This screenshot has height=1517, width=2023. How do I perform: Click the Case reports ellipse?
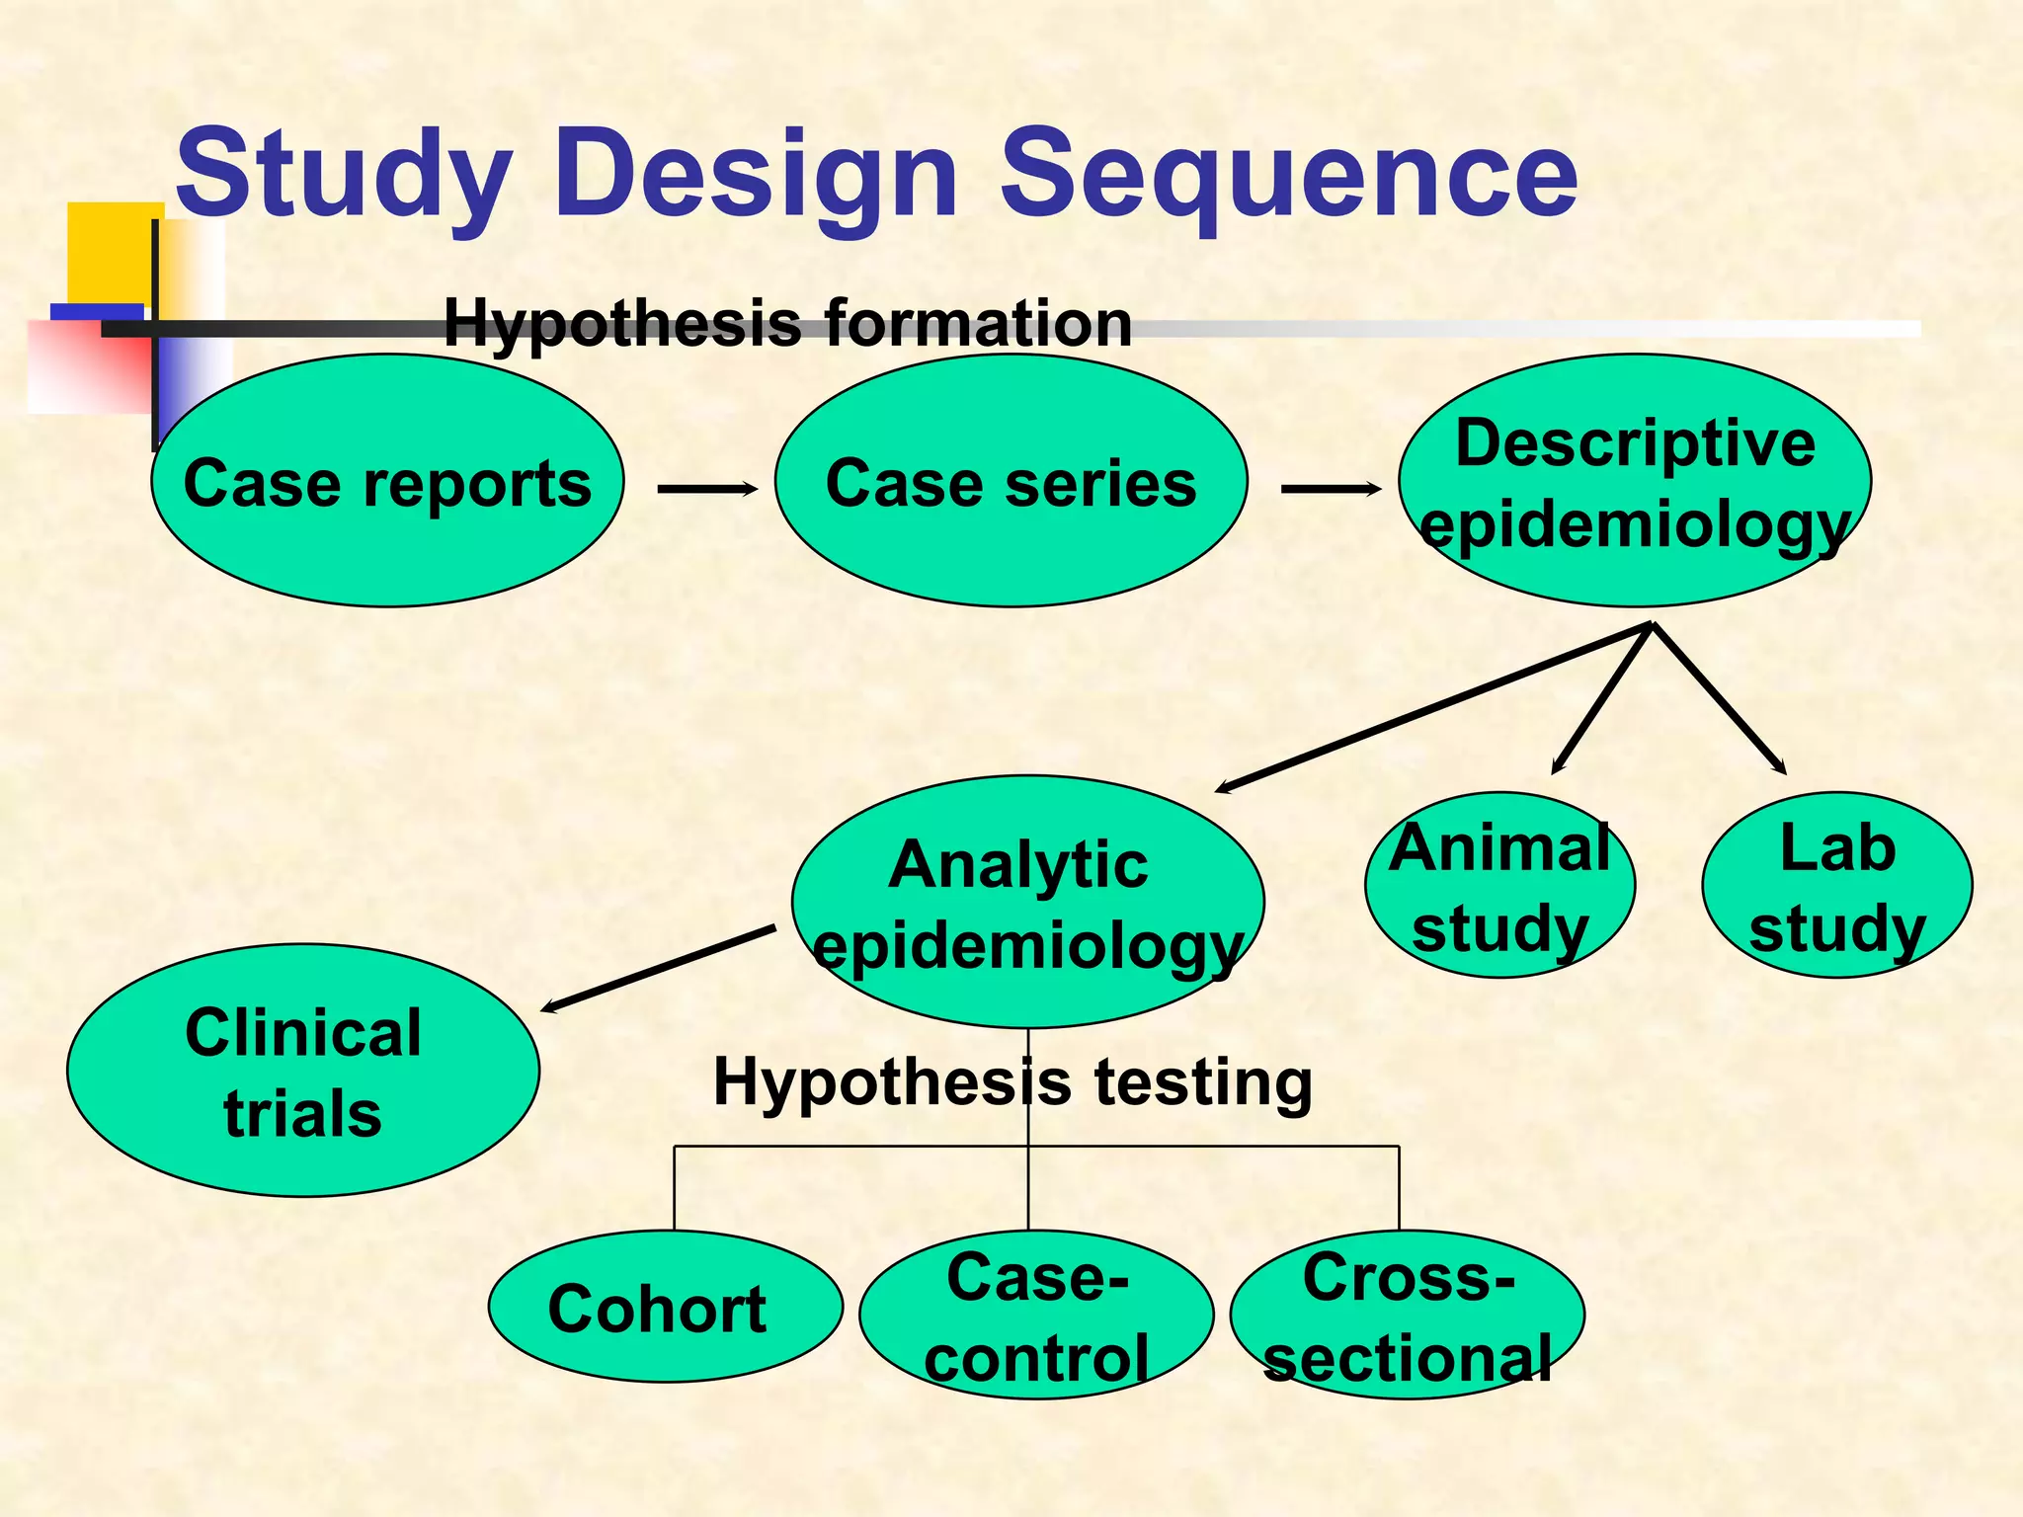pyautogui.click(x=387, y=481)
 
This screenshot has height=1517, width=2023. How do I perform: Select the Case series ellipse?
pyautogui.click(x=1011, y=481)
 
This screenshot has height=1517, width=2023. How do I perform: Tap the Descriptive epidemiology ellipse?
pyautogui.click(x=1635, y=481)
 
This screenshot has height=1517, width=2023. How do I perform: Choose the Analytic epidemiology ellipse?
pyautogui.click(x=1027, y=903)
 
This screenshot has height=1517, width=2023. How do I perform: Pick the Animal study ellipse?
pyautogui.click(x=1499, y=886)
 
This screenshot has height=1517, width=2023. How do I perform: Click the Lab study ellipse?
pyautogui.click(x=1836, y=886)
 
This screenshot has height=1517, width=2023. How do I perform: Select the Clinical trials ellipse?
pyautogui.click(x=303, y=1072)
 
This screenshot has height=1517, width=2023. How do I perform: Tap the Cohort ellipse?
pyautogui.click(x=665, y=1307)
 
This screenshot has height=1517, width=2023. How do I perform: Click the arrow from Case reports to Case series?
pyautogui.click(x=706, y=488)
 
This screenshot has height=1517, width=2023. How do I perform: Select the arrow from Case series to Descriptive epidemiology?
pyautogui.click(x=1330, y=488)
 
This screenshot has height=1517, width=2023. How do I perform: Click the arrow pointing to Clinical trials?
pyautogui.click(x=657, y=969)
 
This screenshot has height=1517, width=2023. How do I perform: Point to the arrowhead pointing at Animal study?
pyautogui.click(x=1558, y=765)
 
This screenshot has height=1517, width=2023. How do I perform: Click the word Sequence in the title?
pyautogui.click(x=1289, y=175)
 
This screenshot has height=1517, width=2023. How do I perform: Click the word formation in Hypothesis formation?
pyautogui.click(x=978, y=323)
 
